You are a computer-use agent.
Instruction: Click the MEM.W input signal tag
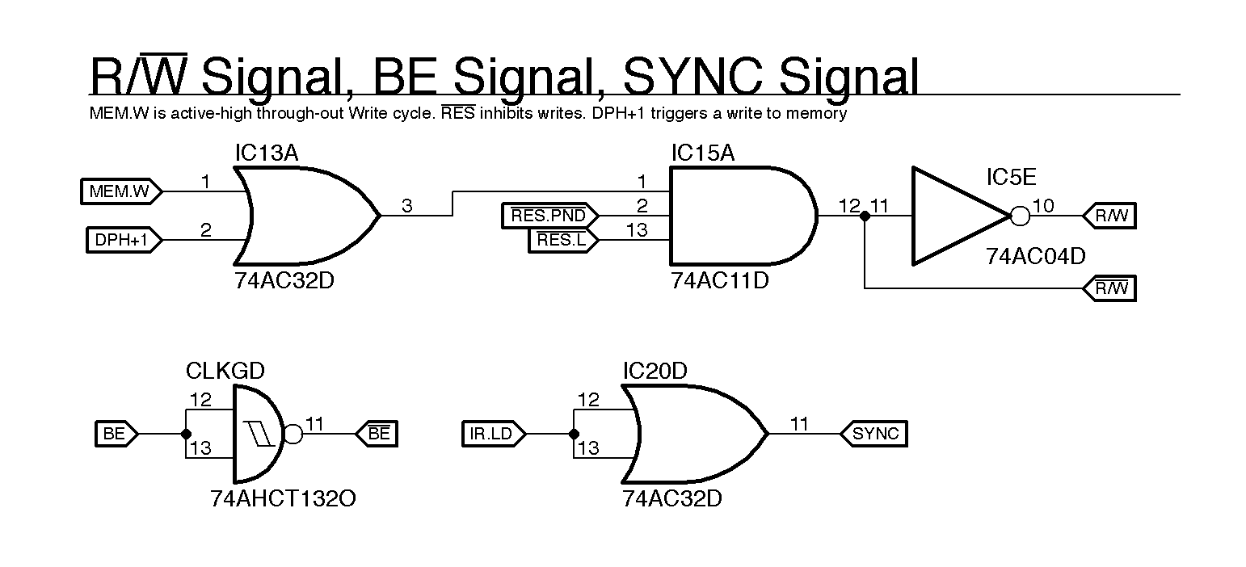[x=120, y=192]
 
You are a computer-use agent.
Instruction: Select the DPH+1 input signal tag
[x=123, y=240]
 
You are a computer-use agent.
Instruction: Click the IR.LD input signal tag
[x=491, y=434]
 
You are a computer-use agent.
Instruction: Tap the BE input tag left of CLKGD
[x=115, y=434]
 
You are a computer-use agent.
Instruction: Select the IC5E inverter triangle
[x=958, y=216]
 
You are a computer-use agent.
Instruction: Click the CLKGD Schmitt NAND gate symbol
[x=257, y=434]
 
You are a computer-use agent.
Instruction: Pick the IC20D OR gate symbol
[x=691, y=434]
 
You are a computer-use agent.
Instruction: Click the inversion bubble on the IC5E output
[x=1020, y=216]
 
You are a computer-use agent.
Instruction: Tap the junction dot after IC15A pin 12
[x=865, y=216]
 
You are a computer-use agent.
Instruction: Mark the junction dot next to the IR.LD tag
[x=574, y=434]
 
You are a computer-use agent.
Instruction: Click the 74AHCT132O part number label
[x=283, y=499]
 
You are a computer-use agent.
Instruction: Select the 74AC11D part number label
[x=719, y=281]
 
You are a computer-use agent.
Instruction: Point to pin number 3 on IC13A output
[x=406, y=207]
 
